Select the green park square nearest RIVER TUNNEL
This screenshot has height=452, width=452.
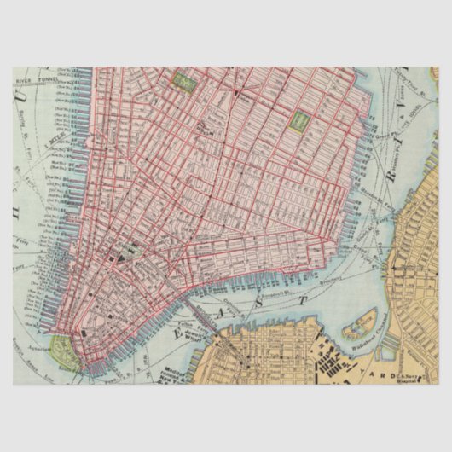click(x=183, y=83)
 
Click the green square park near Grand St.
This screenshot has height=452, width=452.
click(x=299, y=121)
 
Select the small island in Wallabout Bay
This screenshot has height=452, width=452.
click(x=358, y=325)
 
